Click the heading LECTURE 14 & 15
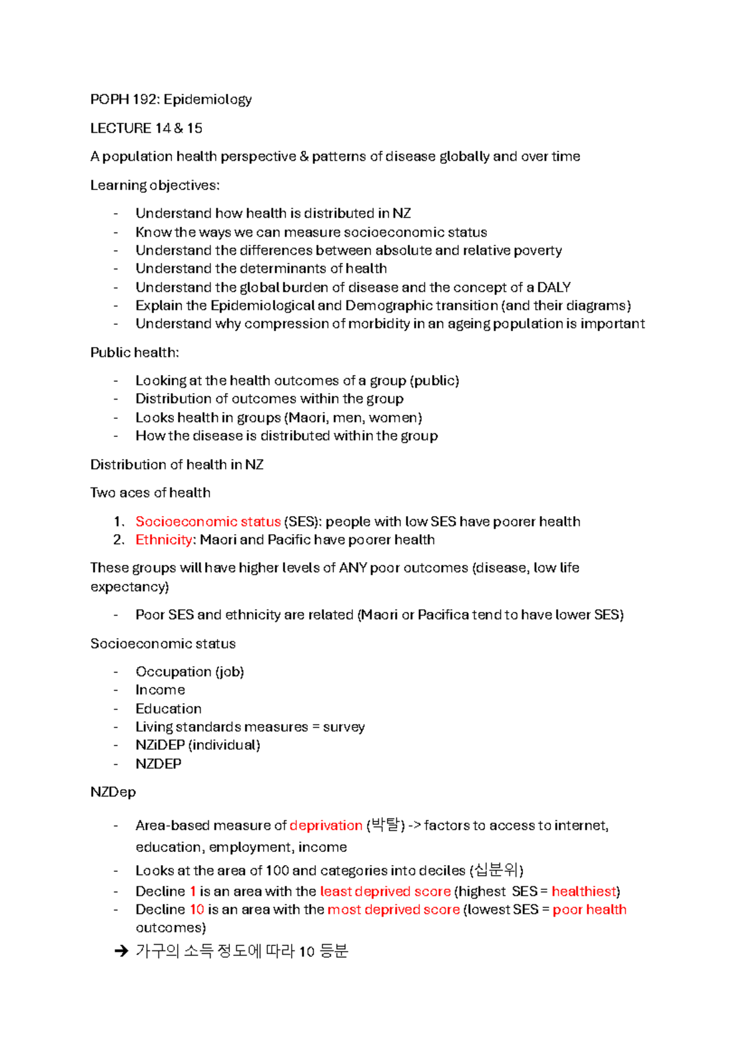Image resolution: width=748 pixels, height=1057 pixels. (146, 128)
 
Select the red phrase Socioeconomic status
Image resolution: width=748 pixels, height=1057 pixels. (208, 522)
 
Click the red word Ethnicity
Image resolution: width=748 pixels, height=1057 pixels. (164, 540)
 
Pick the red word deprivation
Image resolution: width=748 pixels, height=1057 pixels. (326, 826)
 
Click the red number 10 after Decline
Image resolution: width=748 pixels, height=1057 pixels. (197, 910)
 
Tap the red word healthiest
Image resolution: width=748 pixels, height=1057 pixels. (583, 892)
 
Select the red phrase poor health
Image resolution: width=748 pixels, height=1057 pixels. (589, 910)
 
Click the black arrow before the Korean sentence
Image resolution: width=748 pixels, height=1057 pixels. (121, 952)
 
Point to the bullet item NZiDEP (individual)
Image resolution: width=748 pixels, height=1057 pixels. (198, 745)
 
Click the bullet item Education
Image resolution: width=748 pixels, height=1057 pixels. (168, 709)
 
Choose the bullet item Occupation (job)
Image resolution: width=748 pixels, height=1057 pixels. (189, 672)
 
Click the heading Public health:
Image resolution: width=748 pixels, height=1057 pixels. (135, 353)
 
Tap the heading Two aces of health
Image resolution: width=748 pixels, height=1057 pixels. (150, 493)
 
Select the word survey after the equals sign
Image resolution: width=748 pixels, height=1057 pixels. (343, 727)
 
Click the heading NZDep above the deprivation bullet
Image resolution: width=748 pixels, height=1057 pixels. (113, 792)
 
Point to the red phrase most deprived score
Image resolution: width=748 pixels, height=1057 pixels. (393, 910)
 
